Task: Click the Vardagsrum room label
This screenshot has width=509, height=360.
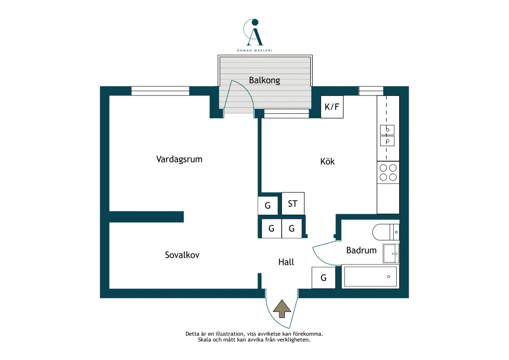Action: coord(179,160)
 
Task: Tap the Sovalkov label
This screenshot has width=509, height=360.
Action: coord(182,255)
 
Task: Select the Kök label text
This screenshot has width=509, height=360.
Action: coord(327,161)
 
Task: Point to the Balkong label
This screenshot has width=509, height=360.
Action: coord(264,80)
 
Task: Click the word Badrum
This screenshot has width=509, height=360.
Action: coord(361,250)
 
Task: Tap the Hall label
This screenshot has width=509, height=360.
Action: coord(286,262)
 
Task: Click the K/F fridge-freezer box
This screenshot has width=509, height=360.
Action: coord(332,107)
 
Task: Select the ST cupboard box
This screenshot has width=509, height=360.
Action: coord(293,203)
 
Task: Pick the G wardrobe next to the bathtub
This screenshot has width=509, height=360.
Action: coord(323,278)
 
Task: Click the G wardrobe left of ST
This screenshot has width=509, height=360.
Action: coord(268,205)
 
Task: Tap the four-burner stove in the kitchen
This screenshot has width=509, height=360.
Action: coord(388,173)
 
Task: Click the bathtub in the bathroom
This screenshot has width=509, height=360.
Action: coord(370,276)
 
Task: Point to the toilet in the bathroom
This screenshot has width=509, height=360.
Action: coord(386,232)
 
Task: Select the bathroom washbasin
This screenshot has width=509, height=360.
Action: coord(391,253)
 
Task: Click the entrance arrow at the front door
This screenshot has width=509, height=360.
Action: coord(282,308)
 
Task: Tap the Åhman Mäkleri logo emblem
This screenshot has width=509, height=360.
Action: coord(254,32)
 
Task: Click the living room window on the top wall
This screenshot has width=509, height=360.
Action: coord(161,91)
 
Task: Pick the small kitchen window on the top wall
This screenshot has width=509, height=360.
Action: coord(371,91)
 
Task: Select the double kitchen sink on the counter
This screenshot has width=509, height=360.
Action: coord(387,136)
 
